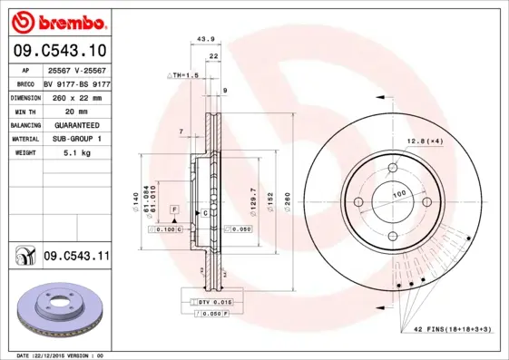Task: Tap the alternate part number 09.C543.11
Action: click(x=75, y=258)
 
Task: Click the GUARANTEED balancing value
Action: click(x=76, y=124)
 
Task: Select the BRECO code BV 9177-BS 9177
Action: click(x=76, y=83)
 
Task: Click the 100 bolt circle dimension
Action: click(x=398, y=194)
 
